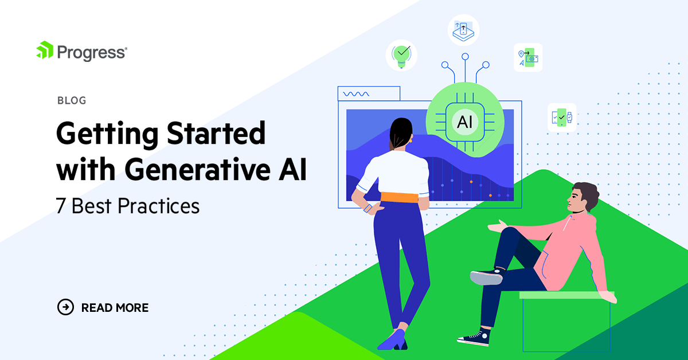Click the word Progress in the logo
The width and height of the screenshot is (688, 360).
click(91, 52)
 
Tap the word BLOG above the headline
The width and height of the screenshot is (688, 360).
click(72, 101)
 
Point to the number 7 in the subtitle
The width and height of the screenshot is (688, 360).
click(61, 206)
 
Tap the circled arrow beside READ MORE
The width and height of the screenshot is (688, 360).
click(66, 307)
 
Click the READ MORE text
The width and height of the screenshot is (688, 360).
click(115, 308)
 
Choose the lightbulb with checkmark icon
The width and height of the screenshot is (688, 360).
click(401, 54)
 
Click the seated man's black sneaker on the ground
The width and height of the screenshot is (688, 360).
click(474, 338)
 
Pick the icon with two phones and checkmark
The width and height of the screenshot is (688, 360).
click(562, 118)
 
